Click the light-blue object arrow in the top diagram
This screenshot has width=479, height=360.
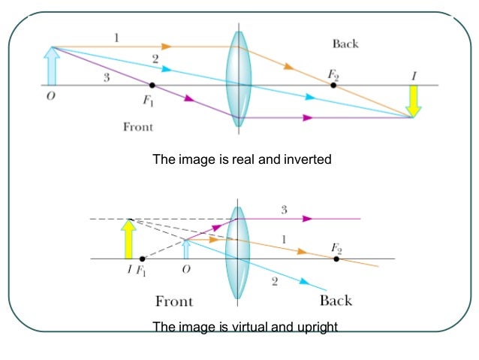[52, 66]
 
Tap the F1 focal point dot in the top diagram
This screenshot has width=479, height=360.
[152, 86]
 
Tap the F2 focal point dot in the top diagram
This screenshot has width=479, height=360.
[333, 86]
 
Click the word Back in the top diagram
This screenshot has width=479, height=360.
[345, 44]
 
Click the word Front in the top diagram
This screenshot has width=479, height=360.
[138, 126]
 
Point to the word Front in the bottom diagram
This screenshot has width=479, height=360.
[173, 301]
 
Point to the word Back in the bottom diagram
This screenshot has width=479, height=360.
[336, 301]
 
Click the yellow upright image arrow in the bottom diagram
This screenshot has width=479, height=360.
[129, 239]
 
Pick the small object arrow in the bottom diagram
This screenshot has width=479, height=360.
[186, 249]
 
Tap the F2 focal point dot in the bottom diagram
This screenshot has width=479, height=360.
[336, 259]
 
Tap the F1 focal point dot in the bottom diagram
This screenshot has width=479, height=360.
[142, 259]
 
